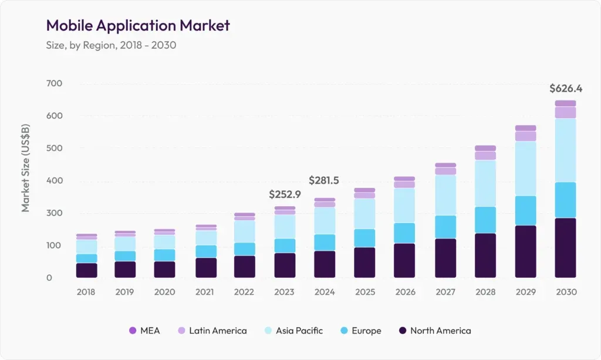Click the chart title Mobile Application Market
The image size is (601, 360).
click(138, 25)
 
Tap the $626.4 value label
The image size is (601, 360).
click(565, 89)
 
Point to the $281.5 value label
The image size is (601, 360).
click(325, 180)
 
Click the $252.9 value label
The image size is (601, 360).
click(285, 194)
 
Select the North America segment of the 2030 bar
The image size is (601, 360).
click(565, 248)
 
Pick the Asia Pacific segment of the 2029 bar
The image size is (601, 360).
click(525, 169)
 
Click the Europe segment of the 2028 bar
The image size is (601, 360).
click(485, 220)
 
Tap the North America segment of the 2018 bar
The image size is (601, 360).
click(87, 270)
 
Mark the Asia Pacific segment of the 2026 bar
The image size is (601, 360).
click(405, 206)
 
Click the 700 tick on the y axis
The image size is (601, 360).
click(53, 83)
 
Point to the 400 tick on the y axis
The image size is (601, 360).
click(53, 180)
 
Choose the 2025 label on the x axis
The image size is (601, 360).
click(364, 292)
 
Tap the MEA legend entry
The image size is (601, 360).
click(144, 331)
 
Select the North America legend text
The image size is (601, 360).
click(440, 331)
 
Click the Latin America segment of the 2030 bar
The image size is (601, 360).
click(565, 112)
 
